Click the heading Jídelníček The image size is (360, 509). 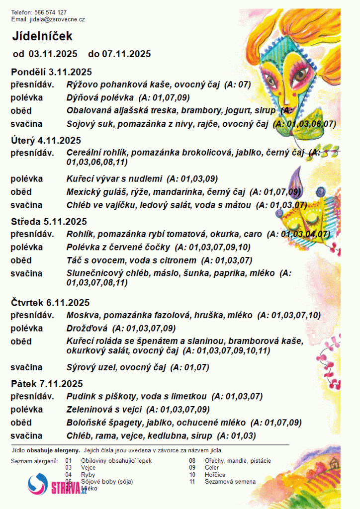43,36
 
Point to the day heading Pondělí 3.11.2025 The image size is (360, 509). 51,72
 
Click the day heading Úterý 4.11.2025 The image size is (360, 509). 46,141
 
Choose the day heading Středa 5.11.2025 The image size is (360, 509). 49,222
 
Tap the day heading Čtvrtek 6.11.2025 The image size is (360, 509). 50,303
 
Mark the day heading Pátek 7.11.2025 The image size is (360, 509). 47,384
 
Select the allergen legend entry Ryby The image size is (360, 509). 88,475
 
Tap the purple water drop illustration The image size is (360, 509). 297,178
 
